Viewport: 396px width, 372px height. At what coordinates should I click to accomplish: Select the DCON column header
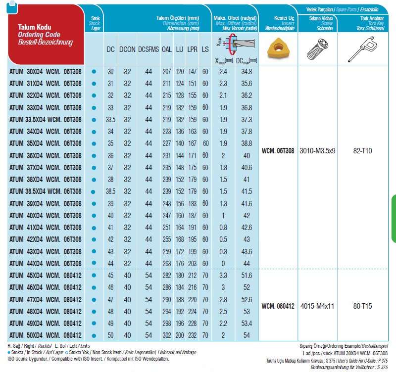127,49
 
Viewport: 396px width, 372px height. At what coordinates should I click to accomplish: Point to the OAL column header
167,49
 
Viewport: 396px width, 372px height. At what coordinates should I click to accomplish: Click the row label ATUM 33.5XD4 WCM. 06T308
45,119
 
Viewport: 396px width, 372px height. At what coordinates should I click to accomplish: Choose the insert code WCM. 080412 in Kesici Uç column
278,306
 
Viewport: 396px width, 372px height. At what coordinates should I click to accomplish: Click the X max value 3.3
223,276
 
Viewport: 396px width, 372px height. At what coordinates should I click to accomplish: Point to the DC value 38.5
110,191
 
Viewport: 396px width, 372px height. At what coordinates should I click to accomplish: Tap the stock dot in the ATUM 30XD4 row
94,72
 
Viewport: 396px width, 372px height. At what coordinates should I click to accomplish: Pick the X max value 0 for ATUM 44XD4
223,264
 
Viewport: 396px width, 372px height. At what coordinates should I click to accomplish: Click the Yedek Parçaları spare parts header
343,9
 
